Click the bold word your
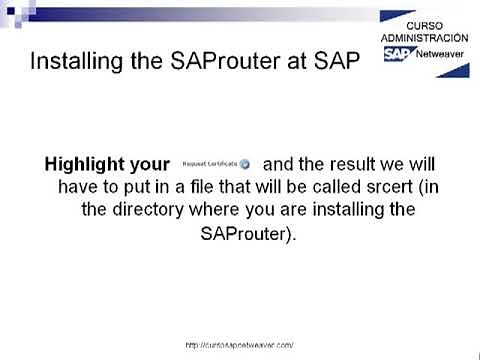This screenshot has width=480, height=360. point(151,162)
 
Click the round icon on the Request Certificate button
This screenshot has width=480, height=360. point(245,162)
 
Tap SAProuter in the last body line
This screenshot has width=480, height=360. point(240,234)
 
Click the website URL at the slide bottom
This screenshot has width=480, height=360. point(240,344)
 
